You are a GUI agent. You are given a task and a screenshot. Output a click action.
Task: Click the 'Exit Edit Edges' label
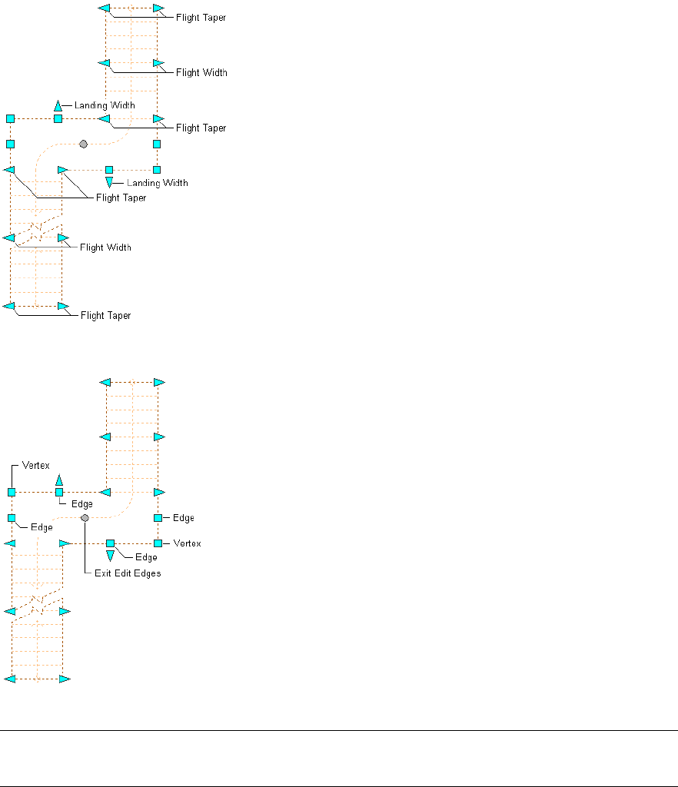tap(128, 573)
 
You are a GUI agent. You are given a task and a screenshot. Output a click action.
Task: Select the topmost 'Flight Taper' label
tap(201, 17)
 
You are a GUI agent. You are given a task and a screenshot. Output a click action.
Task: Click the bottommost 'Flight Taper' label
tap(105, 315)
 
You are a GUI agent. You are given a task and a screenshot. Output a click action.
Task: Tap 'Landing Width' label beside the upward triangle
tap(105, 105)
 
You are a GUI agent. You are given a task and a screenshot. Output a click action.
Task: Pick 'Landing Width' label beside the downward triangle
tap(157, 183)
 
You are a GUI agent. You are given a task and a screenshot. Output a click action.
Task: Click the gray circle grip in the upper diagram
tap(83, 144)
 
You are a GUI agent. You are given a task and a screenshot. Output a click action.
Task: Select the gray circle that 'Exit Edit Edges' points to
tap(85, 518)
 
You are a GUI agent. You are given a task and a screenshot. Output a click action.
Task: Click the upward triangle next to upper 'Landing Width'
tap(58, 105)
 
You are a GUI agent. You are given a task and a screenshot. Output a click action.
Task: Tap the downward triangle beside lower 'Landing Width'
tap(109, 182)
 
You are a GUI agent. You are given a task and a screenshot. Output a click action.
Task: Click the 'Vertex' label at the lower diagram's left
tap(36, 466)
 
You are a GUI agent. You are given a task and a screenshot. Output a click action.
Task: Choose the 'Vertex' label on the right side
tap(187, 543)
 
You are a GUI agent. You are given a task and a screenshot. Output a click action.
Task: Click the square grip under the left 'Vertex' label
tap(12, 492)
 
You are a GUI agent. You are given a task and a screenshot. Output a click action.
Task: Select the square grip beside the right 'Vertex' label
tap(158, 543)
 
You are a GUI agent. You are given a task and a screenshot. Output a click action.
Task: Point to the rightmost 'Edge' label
tap(184, 518)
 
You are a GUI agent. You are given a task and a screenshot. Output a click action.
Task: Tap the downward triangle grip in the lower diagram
tap(110, 555)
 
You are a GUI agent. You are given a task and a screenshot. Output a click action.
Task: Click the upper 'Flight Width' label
tap(201, 72)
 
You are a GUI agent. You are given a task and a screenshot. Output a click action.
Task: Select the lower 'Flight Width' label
tap(105, 247)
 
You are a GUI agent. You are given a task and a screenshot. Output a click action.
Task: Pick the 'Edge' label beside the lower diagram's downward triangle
tap(146, 556)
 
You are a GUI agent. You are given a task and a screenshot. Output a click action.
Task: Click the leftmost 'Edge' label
tap(42, 527)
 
